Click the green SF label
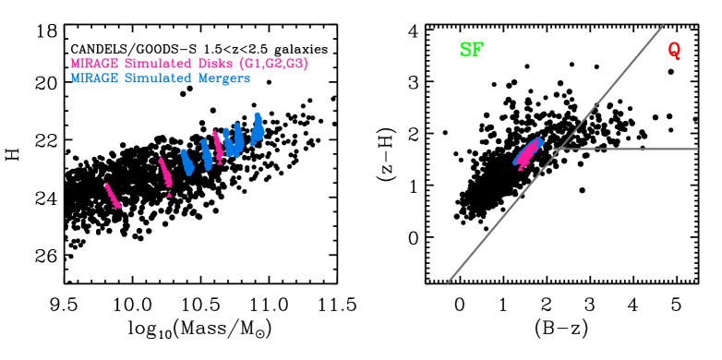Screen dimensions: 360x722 click(x=471, y=50)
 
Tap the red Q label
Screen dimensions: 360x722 click(x=674, y=51)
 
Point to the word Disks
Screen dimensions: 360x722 click(x=212, y=64)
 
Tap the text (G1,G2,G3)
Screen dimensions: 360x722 click(x=273, y=64)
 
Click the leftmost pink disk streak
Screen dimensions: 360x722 click(x=112, y=195)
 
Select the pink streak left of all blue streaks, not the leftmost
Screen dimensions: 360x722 click(x=165, y=173)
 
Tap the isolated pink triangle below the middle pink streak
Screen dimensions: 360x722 click(x=169, y=195)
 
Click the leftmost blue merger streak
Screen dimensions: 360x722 click(x=187, y=162)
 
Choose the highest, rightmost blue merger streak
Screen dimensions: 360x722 click(x=259, y=126)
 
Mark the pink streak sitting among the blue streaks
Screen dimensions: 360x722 click(x=217, y=146)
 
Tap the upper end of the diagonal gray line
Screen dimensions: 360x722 click(x=662, y=26)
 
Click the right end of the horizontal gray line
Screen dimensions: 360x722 click(x=697, y=149)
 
